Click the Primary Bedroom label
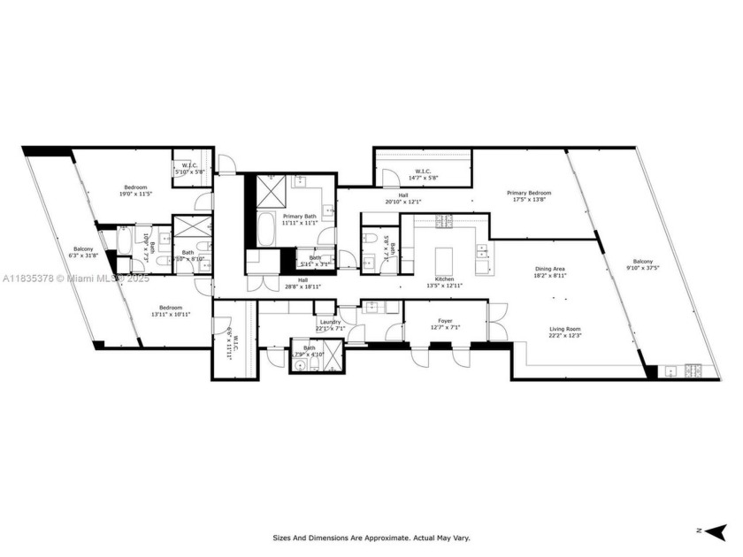[528, 193]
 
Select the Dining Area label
[550, 269]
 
